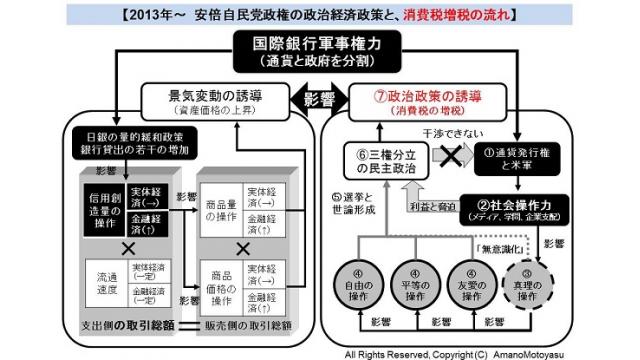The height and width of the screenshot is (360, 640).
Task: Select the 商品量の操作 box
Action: coord(219,205)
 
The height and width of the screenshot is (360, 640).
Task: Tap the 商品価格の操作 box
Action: coord(219,284)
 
